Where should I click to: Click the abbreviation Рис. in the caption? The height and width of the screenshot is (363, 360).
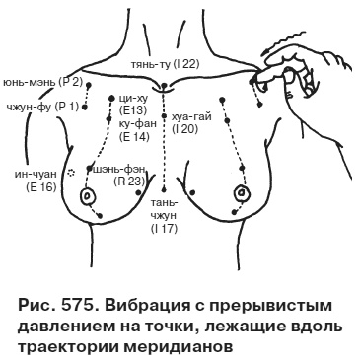(x=30, y=300)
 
